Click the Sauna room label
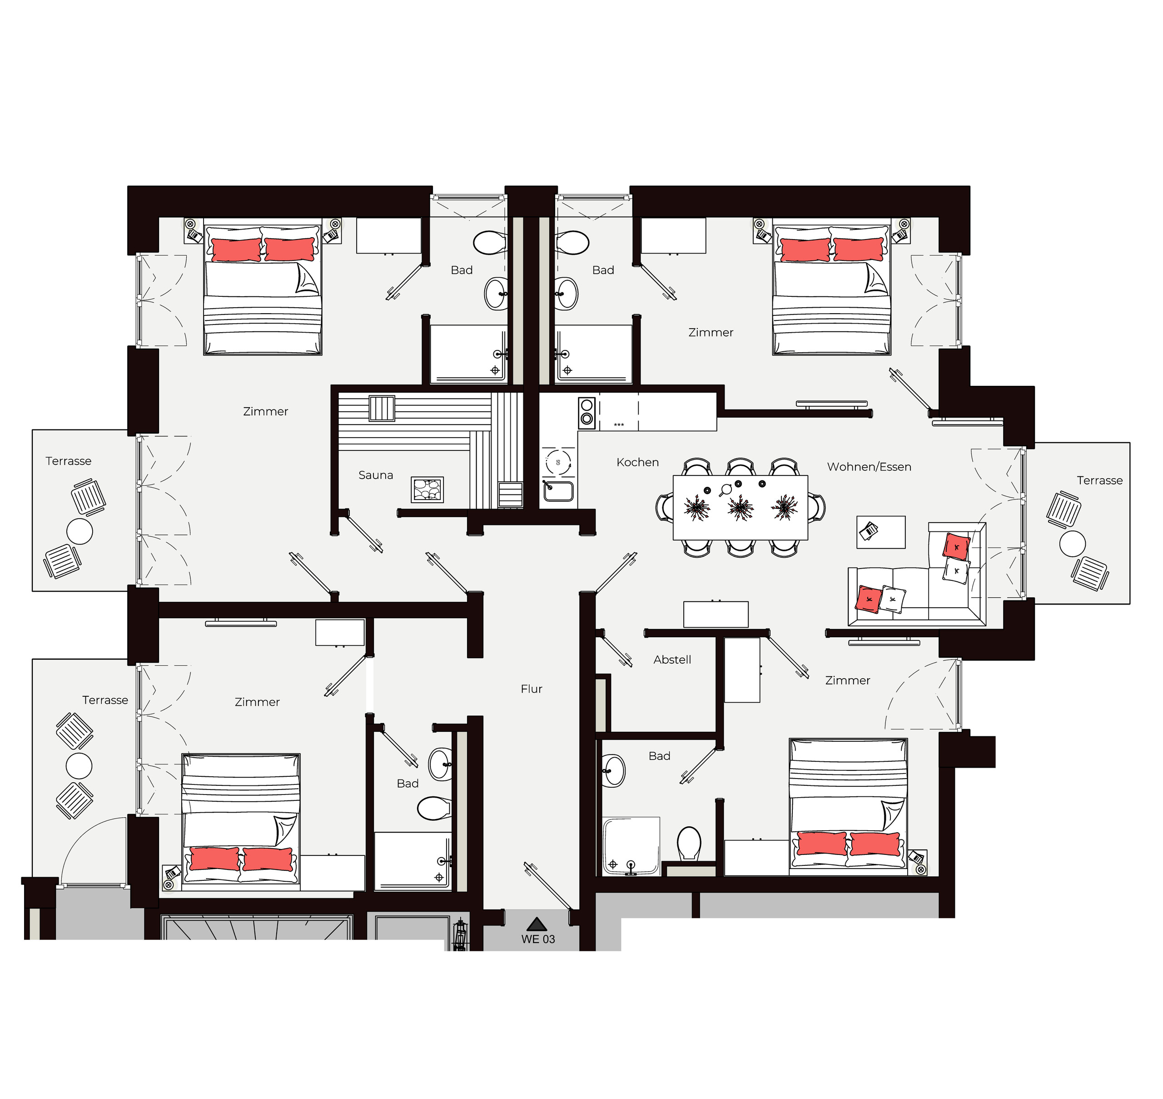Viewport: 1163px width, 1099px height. pyautogui.click(x=375, y=475)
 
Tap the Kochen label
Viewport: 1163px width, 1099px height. pyautogui.click(x=638, y=462)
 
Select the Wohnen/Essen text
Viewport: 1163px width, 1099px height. pyautogui.click(x=869, y=467)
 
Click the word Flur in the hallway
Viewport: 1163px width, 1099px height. pyautogui.click(x=532, y=689)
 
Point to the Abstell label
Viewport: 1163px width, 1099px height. pyautogui.click(x=672, y=659)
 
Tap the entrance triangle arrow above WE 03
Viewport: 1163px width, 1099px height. pyautogui.click(x=537, y=924)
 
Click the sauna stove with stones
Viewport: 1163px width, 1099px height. pyautogui.click(x=427, y=490)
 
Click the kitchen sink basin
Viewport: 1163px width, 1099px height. pyautogui.click(x=558, y=491)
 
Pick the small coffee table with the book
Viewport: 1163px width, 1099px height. pyautogui.click(x=881, y=532)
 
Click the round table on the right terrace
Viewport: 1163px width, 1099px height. pyautogui.click(x=1072, y=543)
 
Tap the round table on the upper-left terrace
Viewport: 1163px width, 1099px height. pyautogui.click(x=80, y=531)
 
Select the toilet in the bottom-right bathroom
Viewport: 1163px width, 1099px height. pyautogui.click(x=689, y=844)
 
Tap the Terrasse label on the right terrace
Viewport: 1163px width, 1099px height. pyautogui.click(x=1100, y=480)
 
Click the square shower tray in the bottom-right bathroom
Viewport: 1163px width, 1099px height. pyautogui.click(x=631, y=846)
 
